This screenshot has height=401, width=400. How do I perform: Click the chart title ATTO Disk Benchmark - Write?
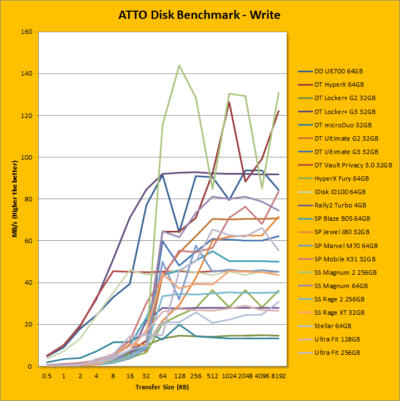point(199,15)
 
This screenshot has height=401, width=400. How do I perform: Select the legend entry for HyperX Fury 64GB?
point(337,178)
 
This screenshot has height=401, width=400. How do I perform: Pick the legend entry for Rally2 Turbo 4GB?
point(338,205)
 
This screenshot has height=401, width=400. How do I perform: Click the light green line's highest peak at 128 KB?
point(179,65)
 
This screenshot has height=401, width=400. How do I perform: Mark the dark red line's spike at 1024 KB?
point(229,102)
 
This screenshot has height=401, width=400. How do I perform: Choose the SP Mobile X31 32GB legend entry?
point(341,258)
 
